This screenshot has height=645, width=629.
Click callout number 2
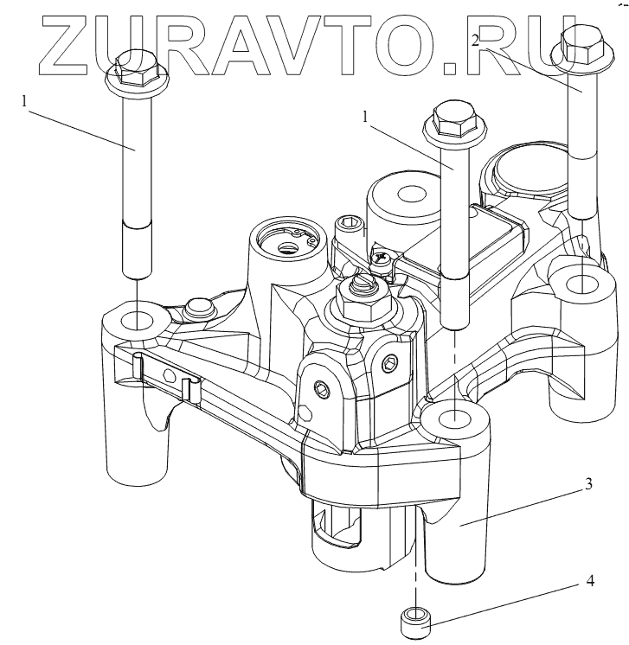pos(476,41)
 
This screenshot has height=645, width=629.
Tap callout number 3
pos(589,484)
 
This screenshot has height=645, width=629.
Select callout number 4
pos(590,581)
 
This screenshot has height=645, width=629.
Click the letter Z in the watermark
pos(65,46)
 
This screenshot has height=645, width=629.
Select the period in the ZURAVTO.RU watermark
pos(450,68)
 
